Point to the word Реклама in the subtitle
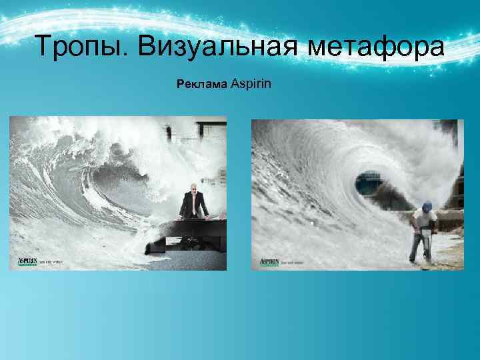pyautogui.click(x=201, y=85)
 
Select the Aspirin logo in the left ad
pyautogui.click(x=27, y=261)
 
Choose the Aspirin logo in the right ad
pyautogui.click(x=268, y=261)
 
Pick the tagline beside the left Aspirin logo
pyautogui.click(x=52, y=262)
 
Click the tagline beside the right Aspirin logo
pyautogui.click(x=293, y=262)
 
